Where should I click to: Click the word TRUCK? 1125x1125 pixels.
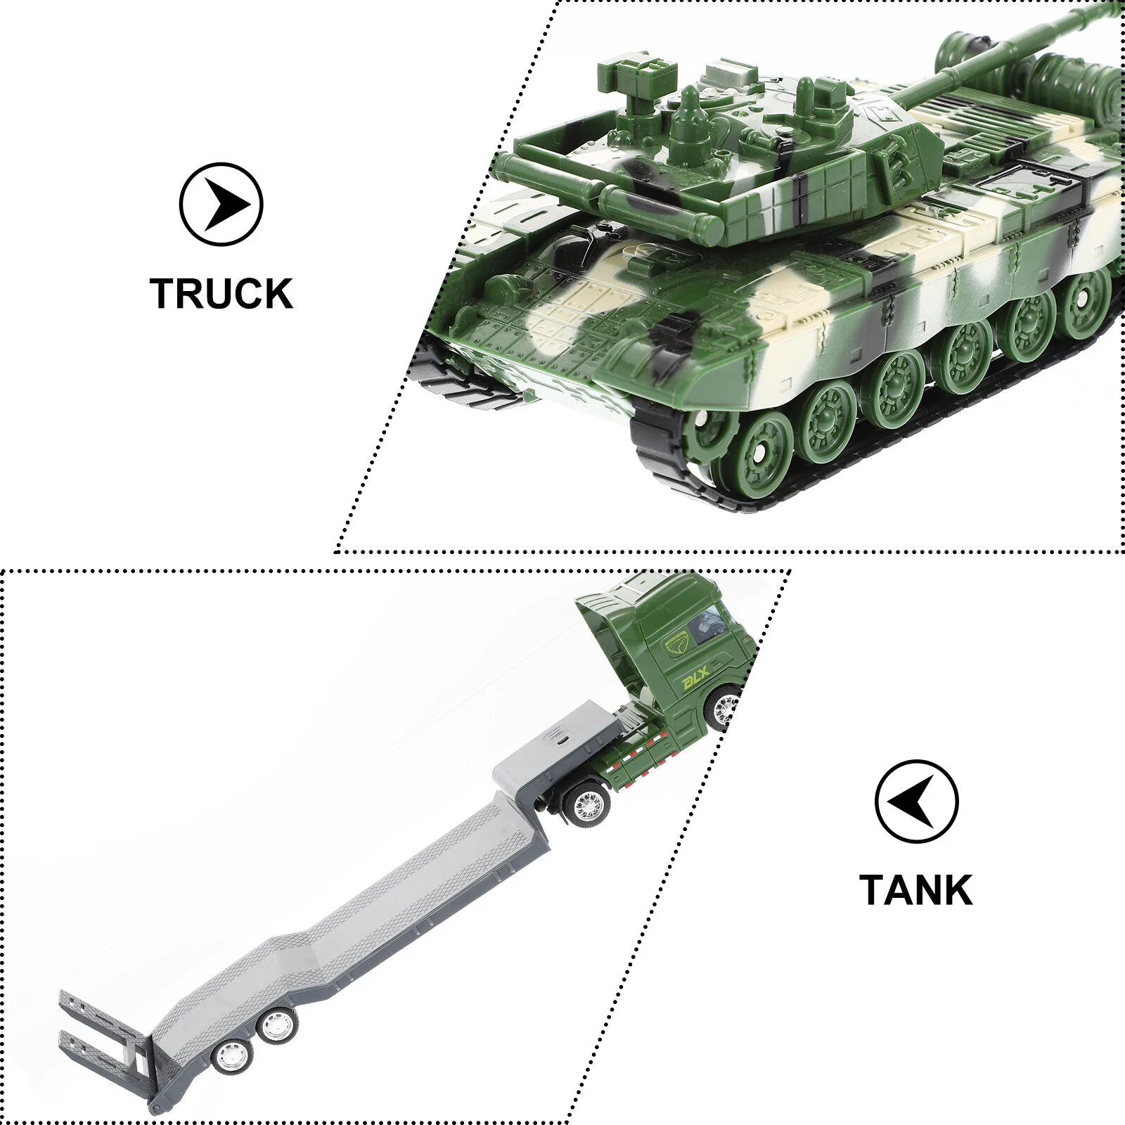click(x=221, y=294)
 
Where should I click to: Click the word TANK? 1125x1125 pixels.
click(x=915, y=889)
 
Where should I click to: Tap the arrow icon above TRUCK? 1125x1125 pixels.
click(x=221, y=205)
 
